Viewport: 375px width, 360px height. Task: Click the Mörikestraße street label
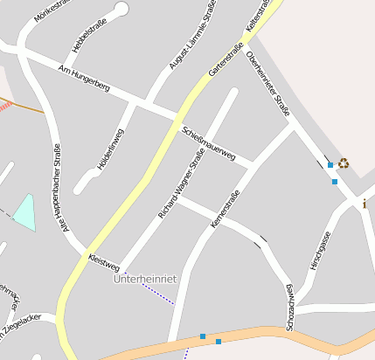point(52,9)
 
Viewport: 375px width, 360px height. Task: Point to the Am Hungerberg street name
point(83,77)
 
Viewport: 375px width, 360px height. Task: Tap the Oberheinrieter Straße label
point(268,84)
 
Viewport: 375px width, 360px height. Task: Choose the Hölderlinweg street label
point(111,149)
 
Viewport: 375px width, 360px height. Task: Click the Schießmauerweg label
point(209,143)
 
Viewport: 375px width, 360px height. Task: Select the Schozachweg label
point(289,307)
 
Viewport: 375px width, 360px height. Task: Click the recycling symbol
point(344,162)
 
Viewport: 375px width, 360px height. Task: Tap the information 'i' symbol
point(365,204)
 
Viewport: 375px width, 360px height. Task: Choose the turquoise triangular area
point(26,212)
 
